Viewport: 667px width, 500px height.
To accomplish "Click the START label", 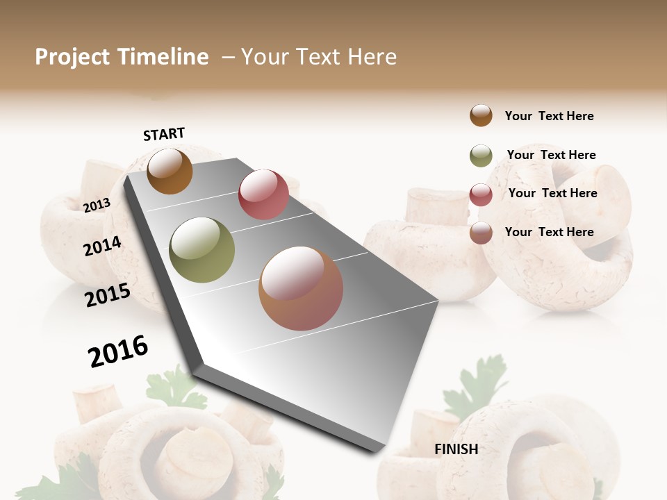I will [164, 134].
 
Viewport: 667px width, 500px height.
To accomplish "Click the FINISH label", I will [456, 449].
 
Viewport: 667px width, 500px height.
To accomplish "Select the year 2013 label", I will [97, 205].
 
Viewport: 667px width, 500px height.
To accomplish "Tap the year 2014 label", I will [102, 246].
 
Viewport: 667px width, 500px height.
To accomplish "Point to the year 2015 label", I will [108, 295].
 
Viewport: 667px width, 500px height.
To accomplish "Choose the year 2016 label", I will [118, 351].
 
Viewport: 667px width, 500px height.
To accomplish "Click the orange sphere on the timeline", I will [170, 171].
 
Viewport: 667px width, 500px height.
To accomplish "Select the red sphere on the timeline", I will [263, 194].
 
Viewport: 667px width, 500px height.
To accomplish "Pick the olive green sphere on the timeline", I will [202, 250].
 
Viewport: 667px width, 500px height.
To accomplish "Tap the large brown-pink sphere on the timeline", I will [301, 288].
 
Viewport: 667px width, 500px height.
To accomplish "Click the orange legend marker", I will [481, 116].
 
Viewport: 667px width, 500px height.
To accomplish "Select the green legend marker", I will [481, 156].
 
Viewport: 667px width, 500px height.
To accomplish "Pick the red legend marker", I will [481, 194].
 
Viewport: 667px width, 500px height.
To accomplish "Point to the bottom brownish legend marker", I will [481, 233].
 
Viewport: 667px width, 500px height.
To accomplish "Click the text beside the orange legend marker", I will [549, 116].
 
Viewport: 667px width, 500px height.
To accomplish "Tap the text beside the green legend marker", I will [551, 155].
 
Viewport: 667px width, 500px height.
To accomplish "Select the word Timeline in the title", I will [163, 57].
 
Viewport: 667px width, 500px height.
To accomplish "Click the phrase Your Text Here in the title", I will [319, 57].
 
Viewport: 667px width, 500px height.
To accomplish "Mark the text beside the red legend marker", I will [552, 193].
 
